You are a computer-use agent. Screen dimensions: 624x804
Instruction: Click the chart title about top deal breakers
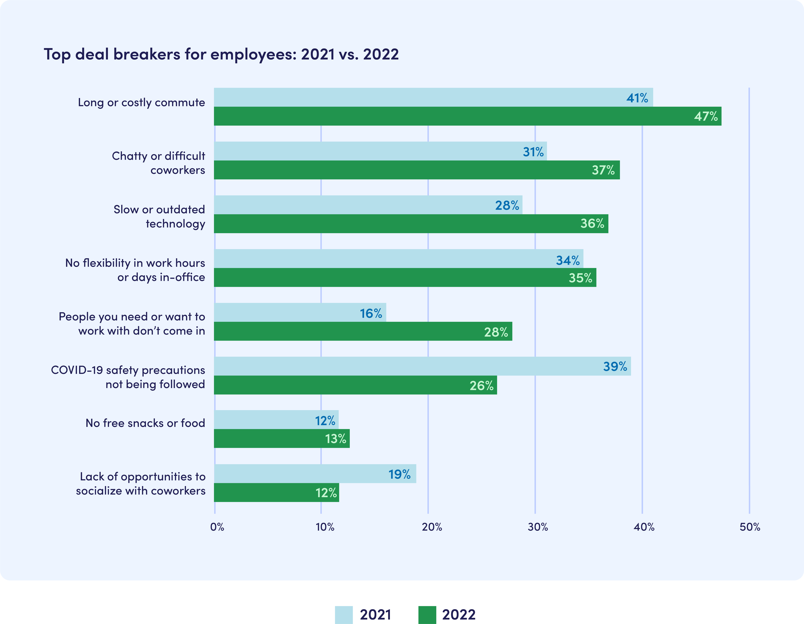pos(221,54)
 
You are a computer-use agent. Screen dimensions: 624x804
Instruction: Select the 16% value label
pos(371,313)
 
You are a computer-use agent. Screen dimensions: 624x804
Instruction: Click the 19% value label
pos(399,474)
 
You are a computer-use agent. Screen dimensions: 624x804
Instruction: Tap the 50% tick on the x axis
pos(750,527)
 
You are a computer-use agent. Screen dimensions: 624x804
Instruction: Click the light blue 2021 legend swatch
pos(343,614)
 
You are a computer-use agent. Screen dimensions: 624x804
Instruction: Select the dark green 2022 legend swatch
pos(427,614)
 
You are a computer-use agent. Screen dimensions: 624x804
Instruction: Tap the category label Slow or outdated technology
pos(159,216)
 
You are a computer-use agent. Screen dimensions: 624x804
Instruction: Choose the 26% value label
pos(481,386)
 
